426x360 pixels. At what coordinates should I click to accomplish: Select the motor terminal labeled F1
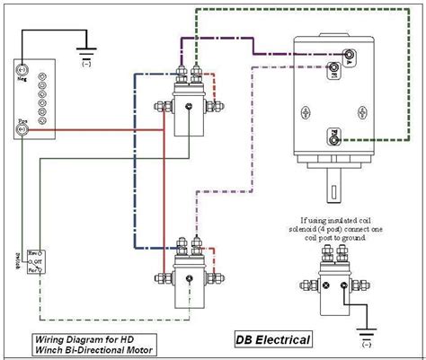click(x=335, y=76)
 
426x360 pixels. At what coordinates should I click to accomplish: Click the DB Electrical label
click(x=273, y=339)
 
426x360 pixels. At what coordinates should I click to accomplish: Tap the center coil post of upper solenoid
click(x=188, y=107)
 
